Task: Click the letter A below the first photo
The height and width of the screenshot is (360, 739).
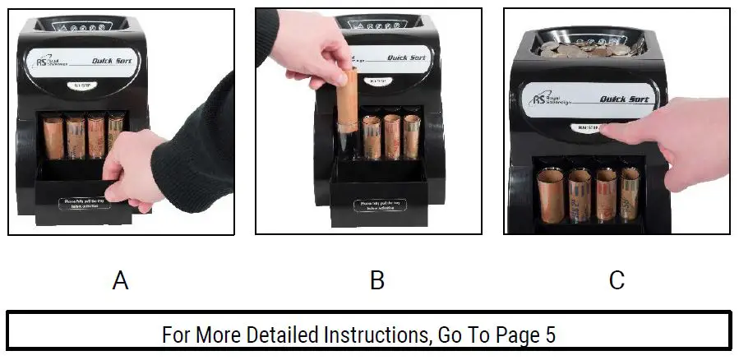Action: [120, 281]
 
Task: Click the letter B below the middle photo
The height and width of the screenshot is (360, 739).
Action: [377, 281]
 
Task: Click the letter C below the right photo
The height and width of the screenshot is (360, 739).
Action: [617, 281]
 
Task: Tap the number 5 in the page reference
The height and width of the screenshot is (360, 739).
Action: [550, 335]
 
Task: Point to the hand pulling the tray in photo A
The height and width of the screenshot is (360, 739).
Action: [136, 168]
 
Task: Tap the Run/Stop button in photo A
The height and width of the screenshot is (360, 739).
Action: [85, 84]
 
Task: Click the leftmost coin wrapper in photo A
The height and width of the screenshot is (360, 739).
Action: [53, 137]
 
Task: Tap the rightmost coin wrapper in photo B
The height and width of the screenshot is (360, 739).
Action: [411, 136]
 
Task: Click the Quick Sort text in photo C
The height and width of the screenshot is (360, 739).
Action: [624, 99]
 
